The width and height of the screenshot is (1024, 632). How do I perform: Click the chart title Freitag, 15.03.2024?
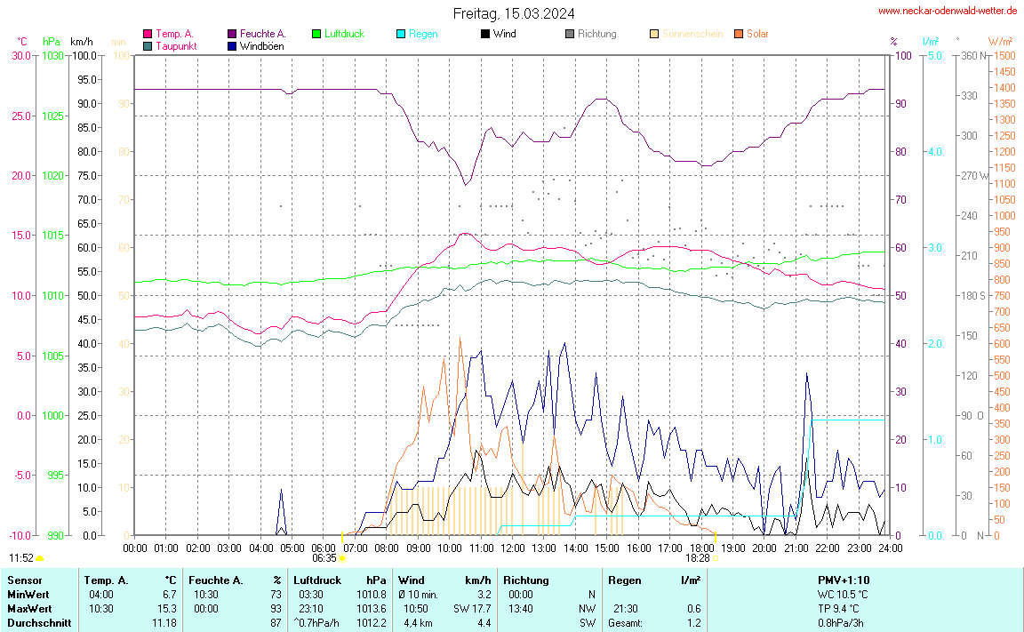pos(513,13)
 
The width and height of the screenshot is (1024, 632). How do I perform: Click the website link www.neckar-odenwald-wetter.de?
pos(947,12)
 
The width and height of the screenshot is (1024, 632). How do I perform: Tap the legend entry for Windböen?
pos(261,45)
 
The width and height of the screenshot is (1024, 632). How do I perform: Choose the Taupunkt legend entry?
pos(175,45)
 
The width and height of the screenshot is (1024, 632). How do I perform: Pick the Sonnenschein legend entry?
pos(692,34)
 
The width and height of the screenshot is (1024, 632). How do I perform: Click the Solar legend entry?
pos(756,34)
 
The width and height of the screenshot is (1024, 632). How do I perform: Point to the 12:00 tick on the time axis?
pos(513,548)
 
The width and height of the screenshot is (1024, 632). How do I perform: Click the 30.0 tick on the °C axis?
pos(20,55)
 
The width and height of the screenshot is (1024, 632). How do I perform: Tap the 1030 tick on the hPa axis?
pos(52,55)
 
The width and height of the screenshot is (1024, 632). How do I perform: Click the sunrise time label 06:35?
pos(324,558)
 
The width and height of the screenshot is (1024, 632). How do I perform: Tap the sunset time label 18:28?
pos(697,558)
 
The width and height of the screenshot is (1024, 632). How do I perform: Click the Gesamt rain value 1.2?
pos(693,623)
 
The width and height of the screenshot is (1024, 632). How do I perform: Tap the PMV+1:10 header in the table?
pos(844,580)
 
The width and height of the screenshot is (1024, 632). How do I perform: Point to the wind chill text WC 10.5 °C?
pos(843,595)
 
